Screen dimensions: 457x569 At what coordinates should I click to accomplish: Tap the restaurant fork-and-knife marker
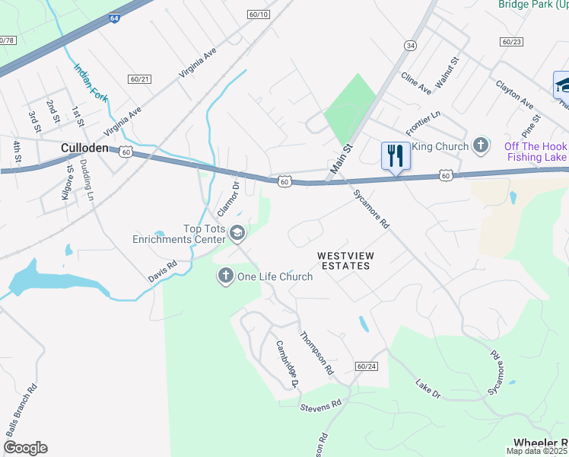[x=395, y=155]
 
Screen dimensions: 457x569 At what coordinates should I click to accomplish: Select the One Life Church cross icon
[x=225, y=276]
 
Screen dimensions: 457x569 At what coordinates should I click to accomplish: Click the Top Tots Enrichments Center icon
[x=237, y=233]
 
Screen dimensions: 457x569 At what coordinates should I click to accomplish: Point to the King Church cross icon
[x=480, y=144]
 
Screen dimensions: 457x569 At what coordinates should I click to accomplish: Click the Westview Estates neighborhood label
[x=344, y=260]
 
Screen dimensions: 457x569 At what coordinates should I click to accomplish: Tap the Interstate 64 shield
[x=113, y=17]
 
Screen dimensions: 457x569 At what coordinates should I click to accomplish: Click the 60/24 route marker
[x=366, y=366]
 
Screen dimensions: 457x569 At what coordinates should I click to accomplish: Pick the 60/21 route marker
[x=140, y=78]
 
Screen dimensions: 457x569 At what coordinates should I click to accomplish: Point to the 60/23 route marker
[x=511, y=42]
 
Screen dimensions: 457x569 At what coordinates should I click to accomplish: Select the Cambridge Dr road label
[x=285, y=364]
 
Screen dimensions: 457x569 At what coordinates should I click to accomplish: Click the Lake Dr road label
[x=429, y=388]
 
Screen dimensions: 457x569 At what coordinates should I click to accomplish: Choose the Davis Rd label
[x=161, y=272]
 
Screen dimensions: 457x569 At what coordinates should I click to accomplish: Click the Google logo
[x=25, y=448]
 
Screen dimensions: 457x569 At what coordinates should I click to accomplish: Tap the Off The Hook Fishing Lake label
[x=535, y=152]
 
